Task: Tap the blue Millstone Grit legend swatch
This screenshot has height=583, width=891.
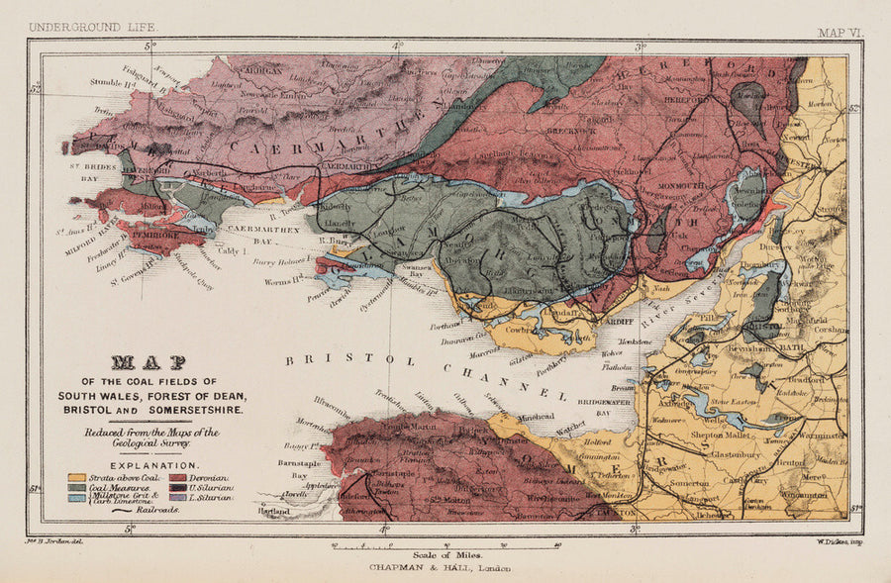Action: (x=75, y=499)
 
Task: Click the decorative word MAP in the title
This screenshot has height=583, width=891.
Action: (x=150, y=362)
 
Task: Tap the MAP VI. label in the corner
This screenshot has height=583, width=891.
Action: (x=841, y=33)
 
